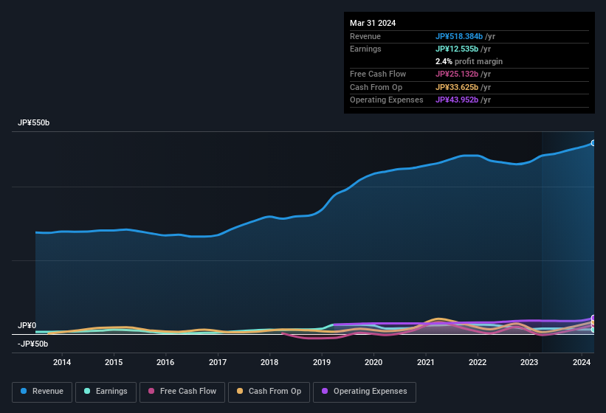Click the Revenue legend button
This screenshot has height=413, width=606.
pyautogui.click(x=42, y=392)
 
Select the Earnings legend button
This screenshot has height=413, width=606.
pyautogui.click(x=105, y=392)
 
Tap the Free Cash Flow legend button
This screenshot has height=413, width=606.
pyautogui.click(x=182, y=392)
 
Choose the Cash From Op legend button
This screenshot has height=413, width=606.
pyautogui.click(x=268, y=392)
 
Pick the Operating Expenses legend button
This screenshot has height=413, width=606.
pyautogui.click(x=364, y=392)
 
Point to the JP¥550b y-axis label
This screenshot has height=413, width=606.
pyautogui.click(x=34, y=123)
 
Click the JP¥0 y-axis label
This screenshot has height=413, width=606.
pyautogui.click(x=27, y=326)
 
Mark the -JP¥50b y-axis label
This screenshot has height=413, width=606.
pyautogui.click(x=33, y=344)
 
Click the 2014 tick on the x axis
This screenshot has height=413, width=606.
pyautogui.click(x=62, y=362)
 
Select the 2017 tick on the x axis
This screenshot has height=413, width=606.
pyautogui.click(x=218, y=362)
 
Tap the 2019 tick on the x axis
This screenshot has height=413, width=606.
pyautogui.click(x=322, y=362)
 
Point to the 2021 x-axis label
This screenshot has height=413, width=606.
pyautogui.click(x=425, y=362)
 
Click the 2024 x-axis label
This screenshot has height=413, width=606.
pyautogui.click(x=582, y=362)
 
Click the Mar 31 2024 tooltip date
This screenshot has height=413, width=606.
pyautogui.click(x=373, y=23)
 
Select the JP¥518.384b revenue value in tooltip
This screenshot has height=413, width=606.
pyautogui.click(x=458, y=36)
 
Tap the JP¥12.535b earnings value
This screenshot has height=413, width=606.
pyautogui.click(x=456, y=49)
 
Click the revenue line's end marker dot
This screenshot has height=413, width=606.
pyautogui.click(x=593, y=143)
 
